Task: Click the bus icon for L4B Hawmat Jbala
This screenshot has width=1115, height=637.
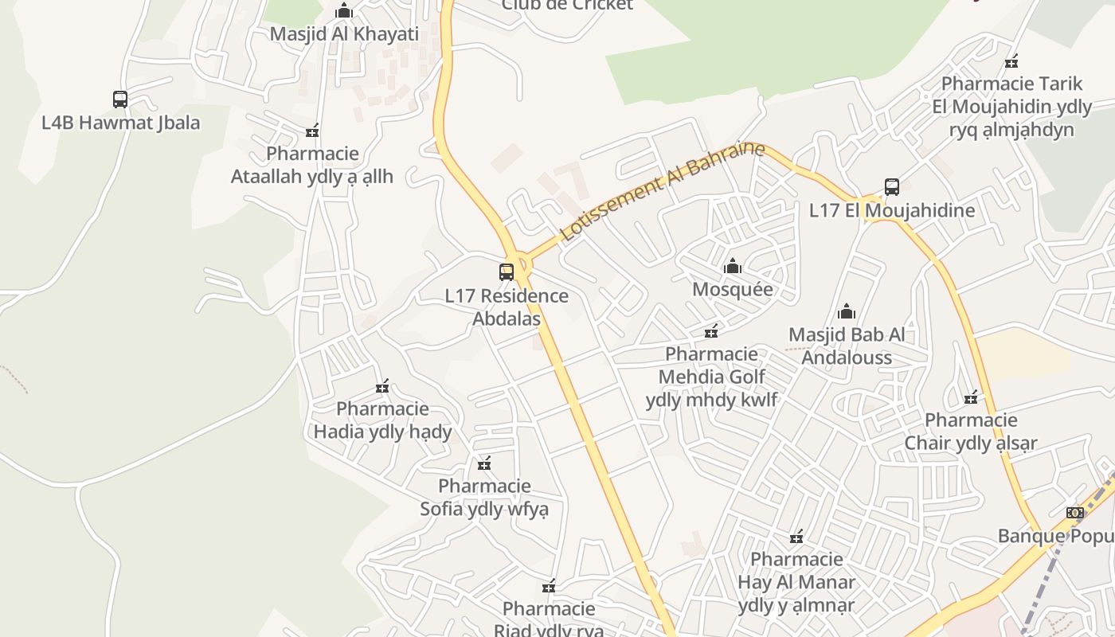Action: tap(120, 100)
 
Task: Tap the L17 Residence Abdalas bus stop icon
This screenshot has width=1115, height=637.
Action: tap(507, 272)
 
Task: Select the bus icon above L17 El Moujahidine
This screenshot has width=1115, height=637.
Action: tap(892, 187)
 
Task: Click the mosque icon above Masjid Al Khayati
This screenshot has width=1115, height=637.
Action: tap(344, 11)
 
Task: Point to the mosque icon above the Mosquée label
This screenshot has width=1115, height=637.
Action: tap(733, 266)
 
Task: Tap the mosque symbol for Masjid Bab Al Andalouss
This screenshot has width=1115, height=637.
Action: tap(847, 311)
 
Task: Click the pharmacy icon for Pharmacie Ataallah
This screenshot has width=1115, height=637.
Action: tap(312, 131)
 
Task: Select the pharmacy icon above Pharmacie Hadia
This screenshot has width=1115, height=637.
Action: tap(382, 386)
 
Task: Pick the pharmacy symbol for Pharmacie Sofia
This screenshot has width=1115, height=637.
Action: tap(484, 463)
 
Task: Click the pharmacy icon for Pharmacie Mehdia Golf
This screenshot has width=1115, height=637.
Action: tap(711, 330)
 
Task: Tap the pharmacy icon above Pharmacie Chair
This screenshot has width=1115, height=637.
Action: tap(971, 397)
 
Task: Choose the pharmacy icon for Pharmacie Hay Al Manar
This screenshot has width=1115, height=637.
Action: tap(796, 536)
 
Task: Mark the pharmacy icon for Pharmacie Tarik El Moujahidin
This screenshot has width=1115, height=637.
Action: tap(1011, 61)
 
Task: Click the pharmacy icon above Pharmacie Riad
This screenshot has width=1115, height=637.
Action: tap(549, 587)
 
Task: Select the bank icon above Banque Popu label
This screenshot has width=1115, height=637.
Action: tap(1075, 512)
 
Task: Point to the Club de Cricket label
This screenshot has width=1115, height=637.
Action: tap(567, 5)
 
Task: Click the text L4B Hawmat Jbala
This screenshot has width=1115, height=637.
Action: tap(120, 123)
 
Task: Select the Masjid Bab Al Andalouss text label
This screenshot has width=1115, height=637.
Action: tap(847, 346)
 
